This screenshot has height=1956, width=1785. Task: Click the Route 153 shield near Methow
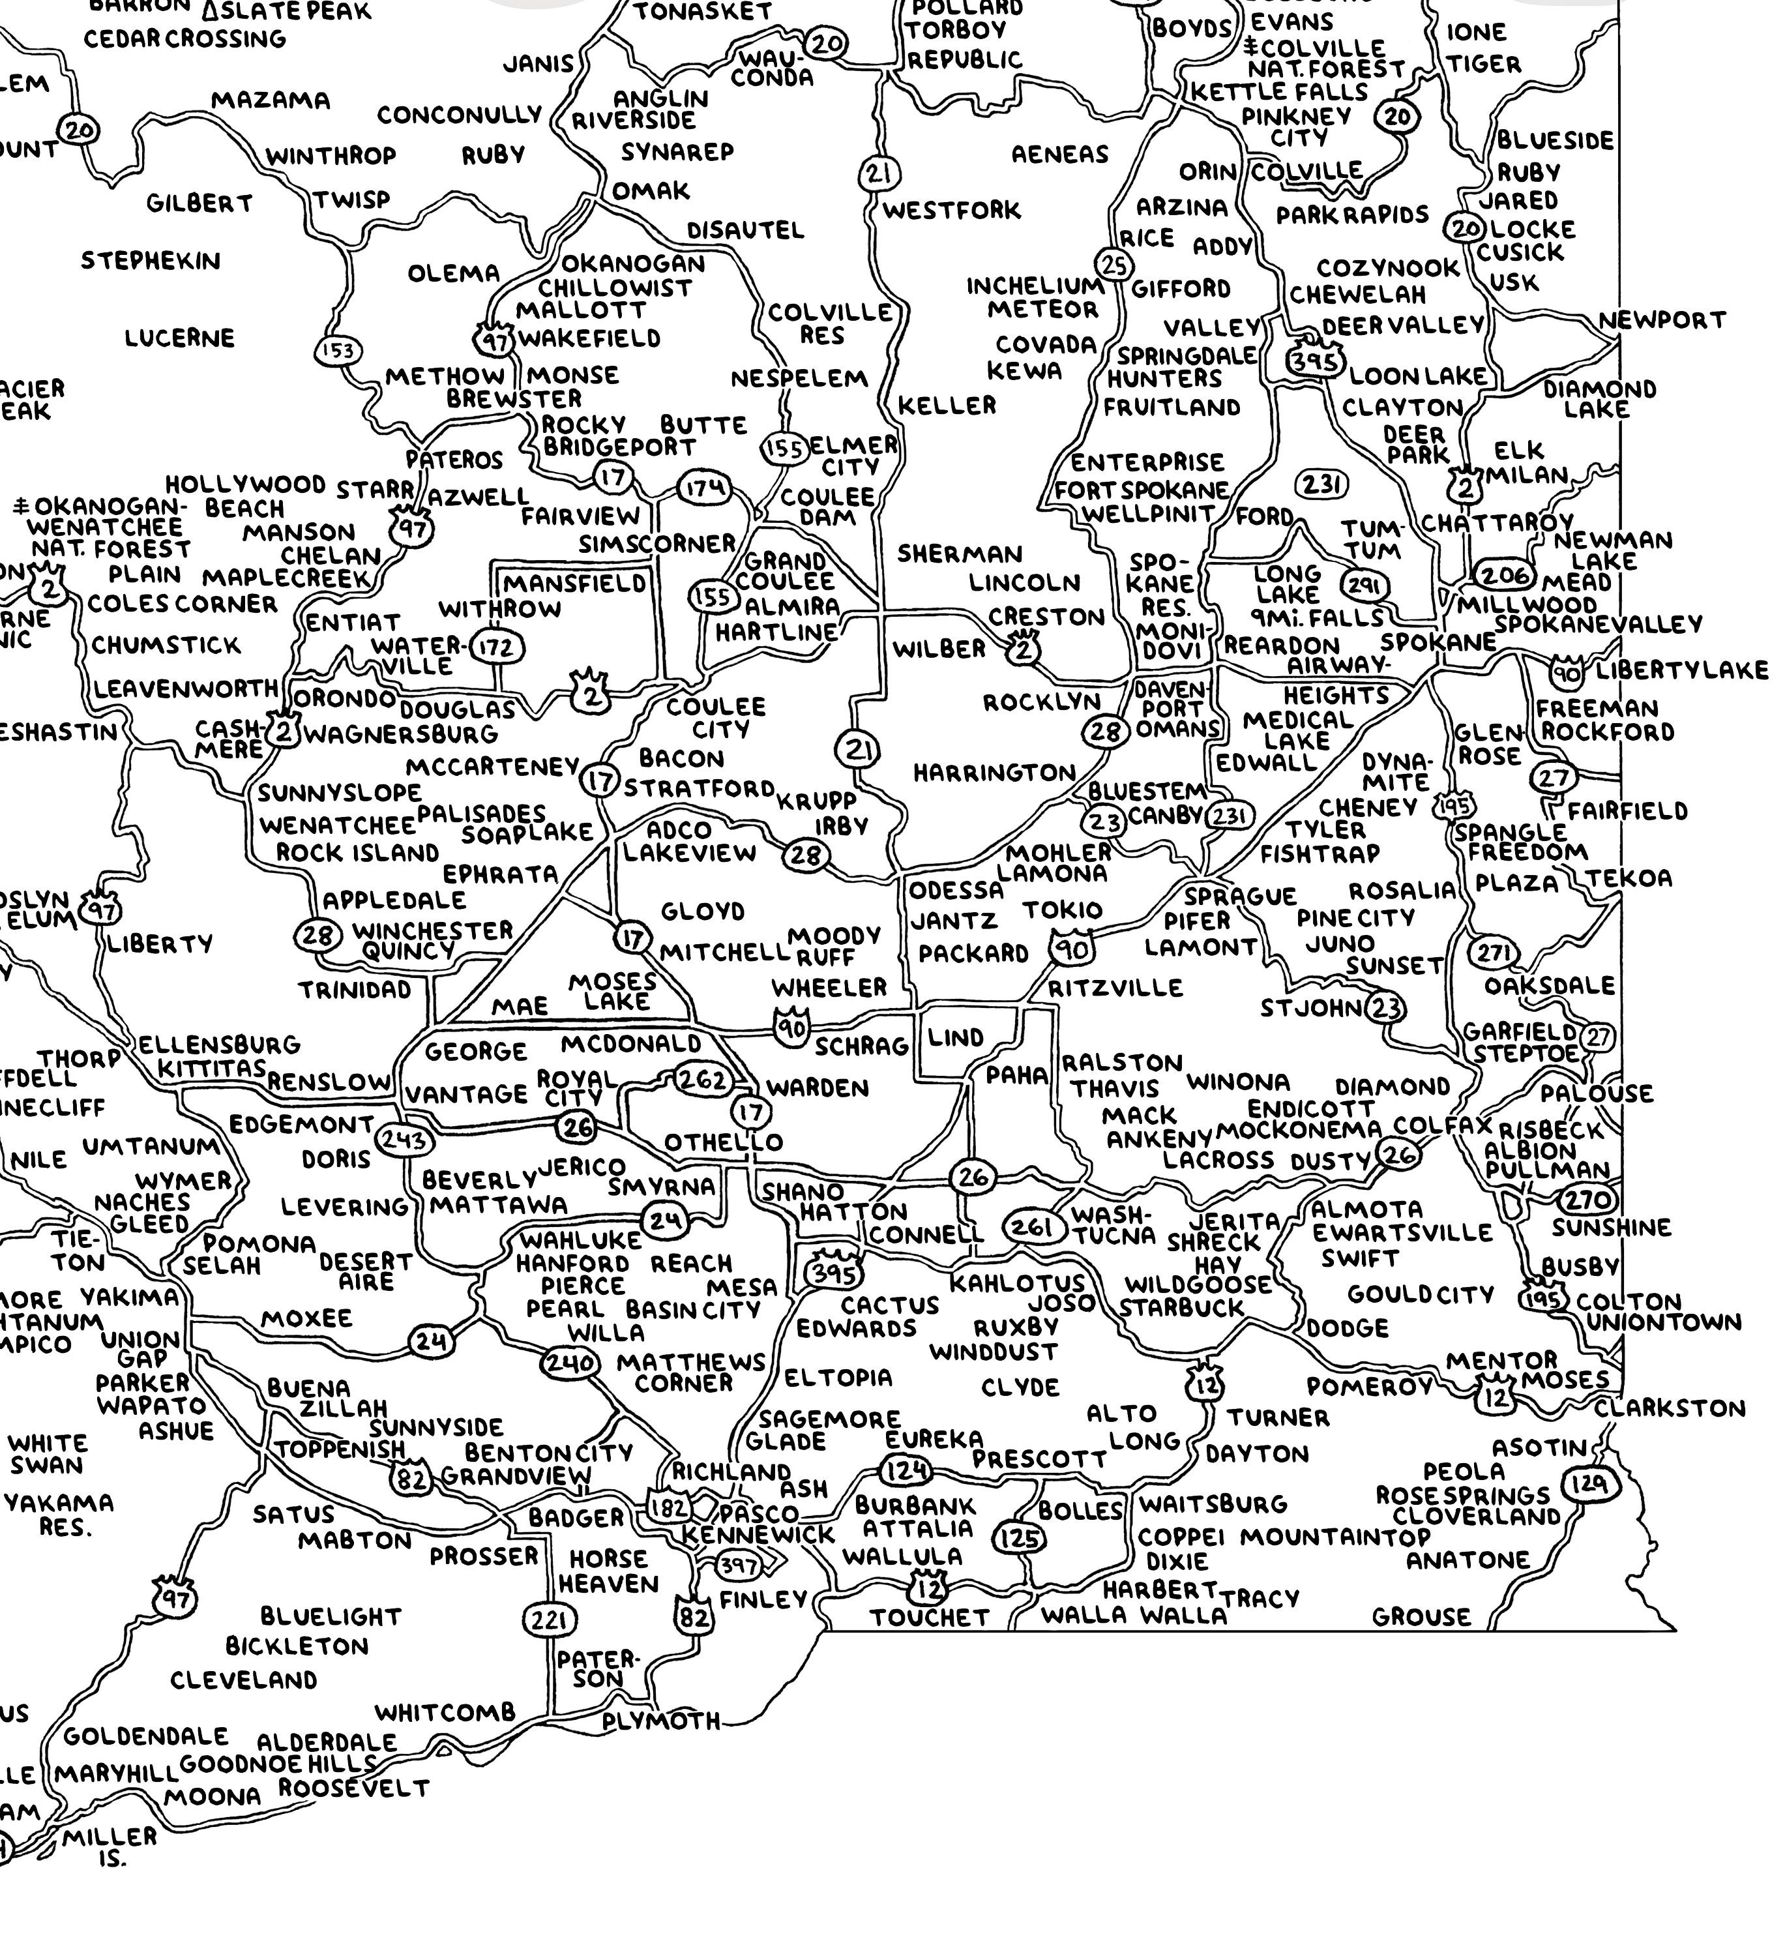tap(338, 350)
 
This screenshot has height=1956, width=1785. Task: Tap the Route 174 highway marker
tap(704, 488)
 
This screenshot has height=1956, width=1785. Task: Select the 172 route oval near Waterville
tap(497, 647)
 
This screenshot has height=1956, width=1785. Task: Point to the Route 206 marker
tap(1505, 575)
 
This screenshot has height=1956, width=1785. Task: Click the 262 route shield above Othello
tap(701, 1080)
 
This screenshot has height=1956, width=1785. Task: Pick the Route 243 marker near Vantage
tap(404, 1140)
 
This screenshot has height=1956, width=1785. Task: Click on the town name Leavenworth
tap(185, 689)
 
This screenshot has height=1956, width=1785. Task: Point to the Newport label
tap(1662, 320)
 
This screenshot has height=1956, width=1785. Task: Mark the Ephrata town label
tap(501, 874)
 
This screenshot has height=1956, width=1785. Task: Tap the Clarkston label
tap(1668, 1408)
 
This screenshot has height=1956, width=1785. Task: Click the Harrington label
tap(994, 773)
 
